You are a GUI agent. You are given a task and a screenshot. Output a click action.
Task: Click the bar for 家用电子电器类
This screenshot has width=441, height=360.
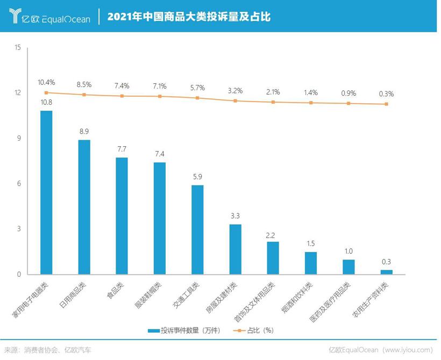point(46,193)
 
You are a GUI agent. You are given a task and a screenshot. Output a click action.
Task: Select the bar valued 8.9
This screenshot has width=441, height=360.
point(84,207)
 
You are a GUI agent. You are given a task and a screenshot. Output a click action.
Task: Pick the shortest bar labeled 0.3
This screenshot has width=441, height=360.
point(386,272)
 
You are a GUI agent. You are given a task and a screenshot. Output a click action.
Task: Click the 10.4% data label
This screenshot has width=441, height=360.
point(46,82)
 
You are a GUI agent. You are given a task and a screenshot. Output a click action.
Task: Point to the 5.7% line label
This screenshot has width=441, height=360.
point(197,88)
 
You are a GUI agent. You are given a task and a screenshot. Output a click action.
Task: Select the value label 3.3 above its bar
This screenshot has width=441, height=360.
point(235,215)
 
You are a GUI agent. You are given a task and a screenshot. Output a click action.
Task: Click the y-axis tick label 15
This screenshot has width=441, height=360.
point(17,48)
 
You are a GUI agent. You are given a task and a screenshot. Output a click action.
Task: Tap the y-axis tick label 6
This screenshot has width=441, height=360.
point(19,184)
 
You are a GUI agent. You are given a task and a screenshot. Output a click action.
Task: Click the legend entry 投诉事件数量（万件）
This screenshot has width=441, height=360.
point(186,330)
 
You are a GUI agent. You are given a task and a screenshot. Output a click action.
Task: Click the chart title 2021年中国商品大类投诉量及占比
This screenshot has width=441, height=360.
point(188,17)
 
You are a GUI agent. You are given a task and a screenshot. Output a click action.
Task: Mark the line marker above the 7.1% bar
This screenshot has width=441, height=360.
point(160,96)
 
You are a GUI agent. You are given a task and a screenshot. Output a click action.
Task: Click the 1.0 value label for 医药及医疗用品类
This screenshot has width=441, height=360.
point(348,251)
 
